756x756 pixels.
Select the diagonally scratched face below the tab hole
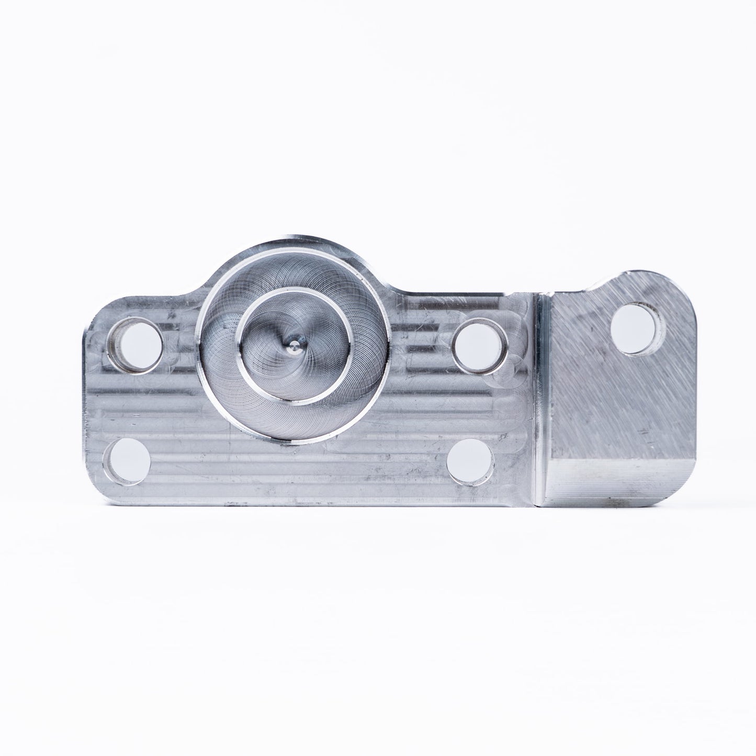point(617,408)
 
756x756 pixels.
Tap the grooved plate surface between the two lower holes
point(298,466)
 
